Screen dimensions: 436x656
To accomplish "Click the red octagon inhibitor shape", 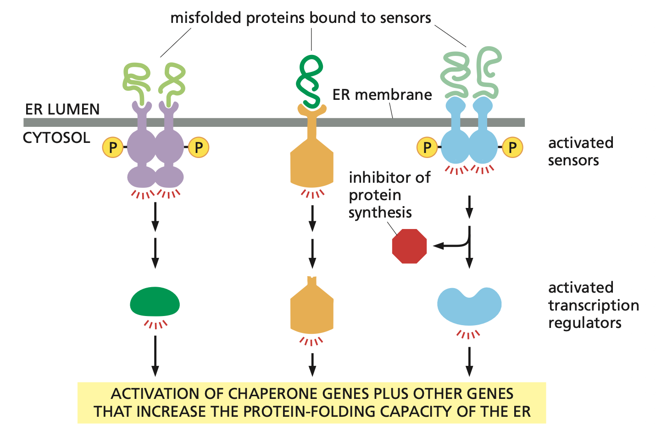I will click(409, 246).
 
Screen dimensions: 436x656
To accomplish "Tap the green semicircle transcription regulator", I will click(155, 302).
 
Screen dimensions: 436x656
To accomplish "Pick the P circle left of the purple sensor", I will click(112, 147).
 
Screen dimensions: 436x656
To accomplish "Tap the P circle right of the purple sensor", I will click(199, 147).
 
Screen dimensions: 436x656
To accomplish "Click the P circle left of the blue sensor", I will click(427, 147).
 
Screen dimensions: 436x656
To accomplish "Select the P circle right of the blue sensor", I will click(512, 147).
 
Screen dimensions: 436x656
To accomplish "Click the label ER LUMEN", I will click(62, 109).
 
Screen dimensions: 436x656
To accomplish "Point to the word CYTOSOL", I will click(56, 138).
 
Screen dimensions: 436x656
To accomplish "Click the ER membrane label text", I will click(382, 95).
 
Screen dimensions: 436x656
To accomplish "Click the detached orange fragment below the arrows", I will click(312, 307).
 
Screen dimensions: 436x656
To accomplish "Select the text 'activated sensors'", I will click(580, 152).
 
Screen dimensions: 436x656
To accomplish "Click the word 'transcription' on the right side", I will click(594, 305).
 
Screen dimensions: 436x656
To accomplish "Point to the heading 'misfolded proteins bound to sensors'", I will click(300, 18).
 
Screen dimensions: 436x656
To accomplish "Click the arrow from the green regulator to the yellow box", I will click(155, 355).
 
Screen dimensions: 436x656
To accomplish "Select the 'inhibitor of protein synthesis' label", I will click(389, 195).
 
